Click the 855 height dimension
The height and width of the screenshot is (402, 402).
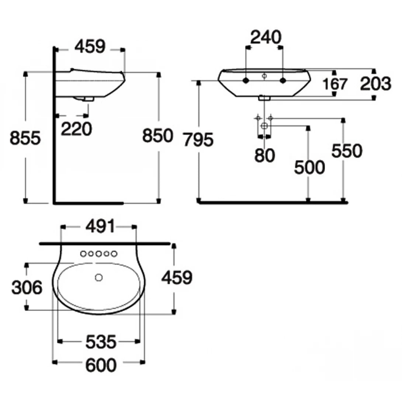pyautogui.click(x=25, y=139)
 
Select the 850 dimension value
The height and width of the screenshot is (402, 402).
pyautogui.click(x=158, y=136)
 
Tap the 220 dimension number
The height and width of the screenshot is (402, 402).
pyautogui.click(x=76, y=129)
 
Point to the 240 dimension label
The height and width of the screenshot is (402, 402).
pyautogui.click(x=266, y=37)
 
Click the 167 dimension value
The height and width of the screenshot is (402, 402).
pyautogui.click(x=335, y=84)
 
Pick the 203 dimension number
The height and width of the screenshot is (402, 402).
pyautogui.click(x=375, y=84)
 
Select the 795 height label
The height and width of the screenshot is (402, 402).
pyautogui.click(x=198, y=140)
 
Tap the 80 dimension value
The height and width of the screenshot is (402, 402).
pyautogui.click(x=264, y=155)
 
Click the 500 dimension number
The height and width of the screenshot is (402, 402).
pyautogui.click(x=309, y=168)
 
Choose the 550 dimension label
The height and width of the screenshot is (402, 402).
pyautogui.click(x=347, y=151)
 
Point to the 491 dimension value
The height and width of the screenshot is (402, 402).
pyautogui.click(x=100, y=227)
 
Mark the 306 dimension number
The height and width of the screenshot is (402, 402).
pyautogui.click(x=27, y=287)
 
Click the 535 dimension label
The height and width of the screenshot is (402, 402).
pyautogui.click(x=101, y=342)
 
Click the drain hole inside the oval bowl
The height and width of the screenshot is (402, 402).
pyautogui.click(x=98, y=277)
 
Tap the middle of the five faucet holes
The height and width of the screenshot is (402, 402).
pyautogui.click(x=98, y=254)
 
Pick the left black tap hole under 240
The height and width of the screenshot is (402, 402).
pyautogui.click(x=246, y=80)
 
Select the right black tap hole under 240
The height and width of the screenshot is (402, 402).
pyautogui.click(x=283, y=80)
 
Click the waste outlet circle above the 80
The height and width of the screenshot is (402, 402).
pyautogui.click(x=264, y=126)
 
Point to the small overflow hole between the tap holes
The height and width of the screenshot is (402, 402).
pyautogui.click(x=264, y=76)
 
